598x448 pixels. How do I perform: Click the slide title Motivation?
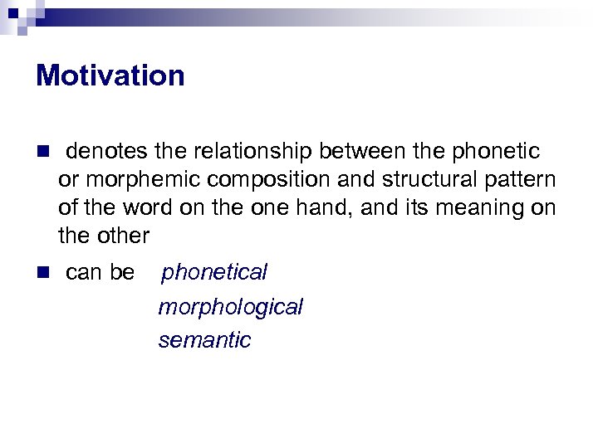point(110,75)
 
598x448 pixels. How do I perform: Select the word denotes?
point(106,152)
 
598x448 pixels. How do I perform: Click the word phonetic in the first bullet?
point(494,152)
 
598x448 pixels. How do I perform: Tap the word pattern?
point(519,180)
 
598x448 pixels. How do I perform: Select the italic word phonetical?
point(213,272)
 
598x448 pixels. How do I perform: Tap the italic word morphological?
point(230,307)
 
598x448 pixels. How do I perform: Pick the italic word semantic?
point(204,340)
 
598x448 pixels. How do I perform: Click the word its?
point(407,208)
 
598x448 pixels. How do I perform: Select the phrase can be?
point(99,272)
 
